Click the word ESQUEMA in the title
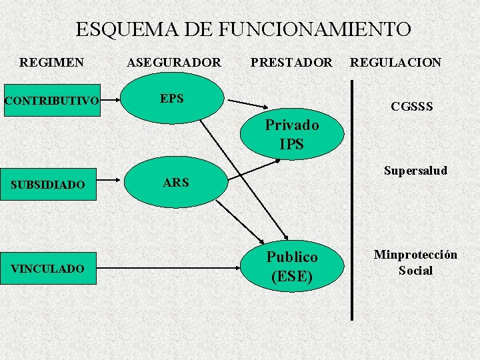127,29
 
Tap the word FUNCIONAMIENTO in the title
315,29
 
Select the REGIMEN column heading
51,63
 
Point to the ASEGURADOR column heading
174,63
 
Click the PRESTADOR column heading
291,63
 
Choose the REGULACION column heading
395,63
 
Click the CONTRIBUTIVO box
53,101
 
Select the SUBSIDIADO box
49,184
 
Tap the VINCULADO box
49,269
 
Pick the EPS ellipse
172,98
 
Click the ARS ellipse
176,182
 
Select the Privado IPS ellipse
292,134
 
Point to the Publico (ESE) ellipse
292,266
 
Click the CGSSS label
412,107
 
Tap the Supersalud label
416,171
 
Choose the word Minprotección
415,255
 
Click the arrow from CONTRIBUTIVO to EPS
110,100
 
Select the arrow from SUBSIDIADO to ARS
109,180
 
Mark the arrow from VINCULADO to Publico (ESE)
169,268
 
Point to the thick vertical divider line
352,200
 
